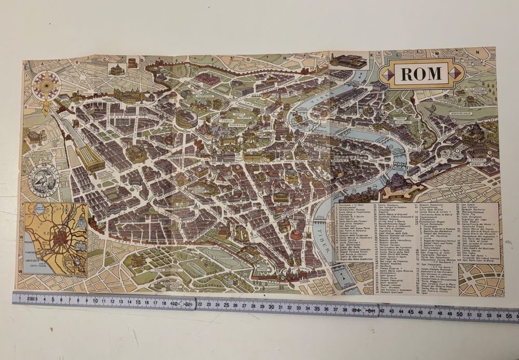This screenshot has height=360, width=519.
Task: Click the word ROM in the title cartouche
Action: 421,74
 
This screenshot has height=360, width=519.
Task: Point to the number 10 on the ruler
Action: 94,300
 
